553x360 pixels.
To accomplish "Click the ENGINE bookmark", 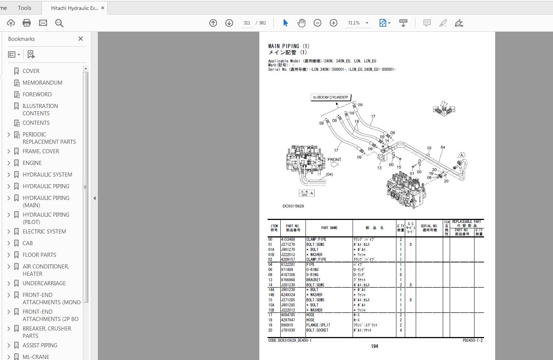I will click(x=32, y=163).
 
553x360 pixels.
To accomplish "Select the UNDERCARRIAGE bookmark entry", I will click(x=44, y=283).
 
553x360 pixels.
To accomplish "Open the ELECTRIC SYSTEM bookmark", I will click(x=44, y=232).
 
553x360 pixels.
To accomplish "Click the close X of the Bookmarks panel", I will click(x=81, y=39).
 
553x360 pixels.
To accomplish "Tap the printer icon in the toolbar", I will click(x=27, y=23).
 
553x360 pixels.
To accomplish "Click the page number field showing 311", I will click(x=247, y=23).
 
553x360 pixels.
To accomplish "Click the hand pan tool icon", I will click(x=301, y=23).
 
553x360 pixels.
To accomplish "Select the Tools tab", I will click(x=24, y=8).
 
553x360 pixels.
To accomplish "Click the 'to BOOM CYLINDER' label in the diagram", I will click(x=330, y=97).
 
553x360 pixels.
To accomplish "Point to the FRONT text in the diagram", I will click(x=334, y=160).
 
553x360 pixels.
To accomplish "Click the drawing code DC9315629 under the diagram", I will click(x=293, y=206).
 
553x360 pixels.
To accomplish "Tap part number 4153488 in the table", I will click(x=288, y=240).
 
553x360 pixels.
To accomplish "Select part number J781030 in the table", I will click(x=288, y=330).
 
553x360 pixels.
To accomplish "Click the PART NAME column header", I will click(x=329, y=228).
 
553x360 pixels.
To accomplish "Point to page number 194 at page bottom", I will click(x=374, y=347).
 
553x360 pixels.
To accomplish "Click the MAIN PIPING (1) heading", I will click(x=289, y=46).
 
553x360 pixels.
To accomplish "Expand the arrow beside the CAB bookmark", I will click(x=9, y=243).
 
